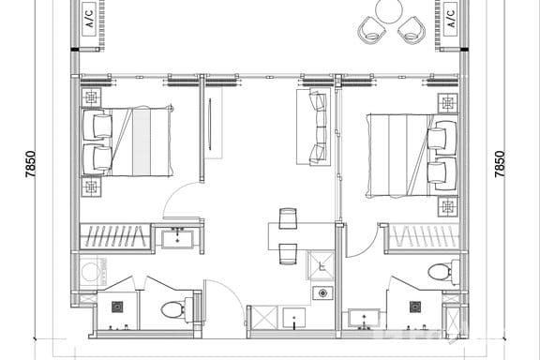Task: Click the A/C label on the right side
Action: click(x=449, y=18)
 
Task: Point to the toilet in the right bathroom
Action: click(x=439, y=273)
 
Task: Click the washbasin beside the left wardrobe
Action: click(x=177, y=239)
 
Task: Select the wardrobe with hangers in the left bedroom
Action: click(x=114, y=236)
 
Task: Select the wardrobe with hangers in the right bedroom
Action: click(x=423, y=236)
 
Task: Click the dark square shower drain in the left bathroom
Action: click(x=118, y=307)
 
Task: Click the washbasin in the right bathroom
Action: click(x=362, y=319)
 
